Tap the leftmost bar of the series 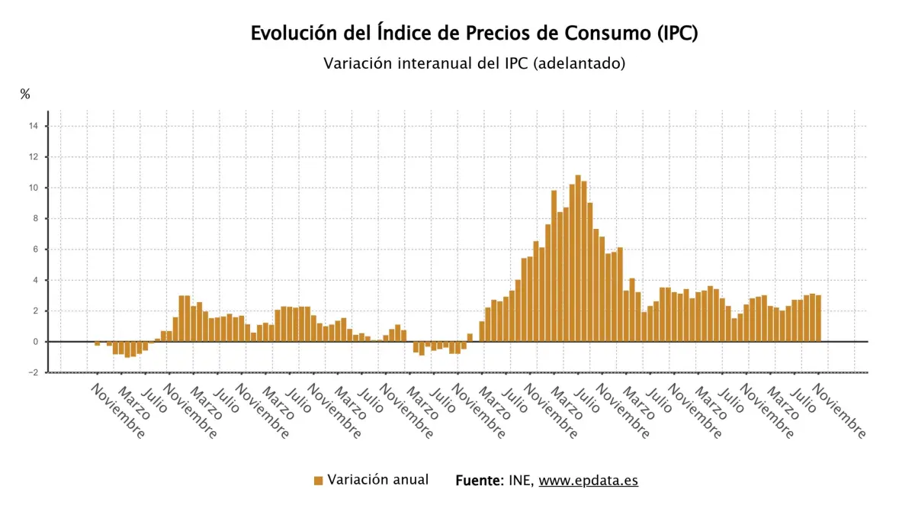pos(98,344)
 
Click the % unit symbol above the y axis pos(25,95)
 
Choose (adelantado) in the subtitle pos(579,63)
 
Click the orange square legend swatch pos(319,481)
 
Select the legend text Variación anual pos(378,480)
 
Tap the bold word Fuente pos(479,481)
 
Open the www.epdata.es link pos(588,481)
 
